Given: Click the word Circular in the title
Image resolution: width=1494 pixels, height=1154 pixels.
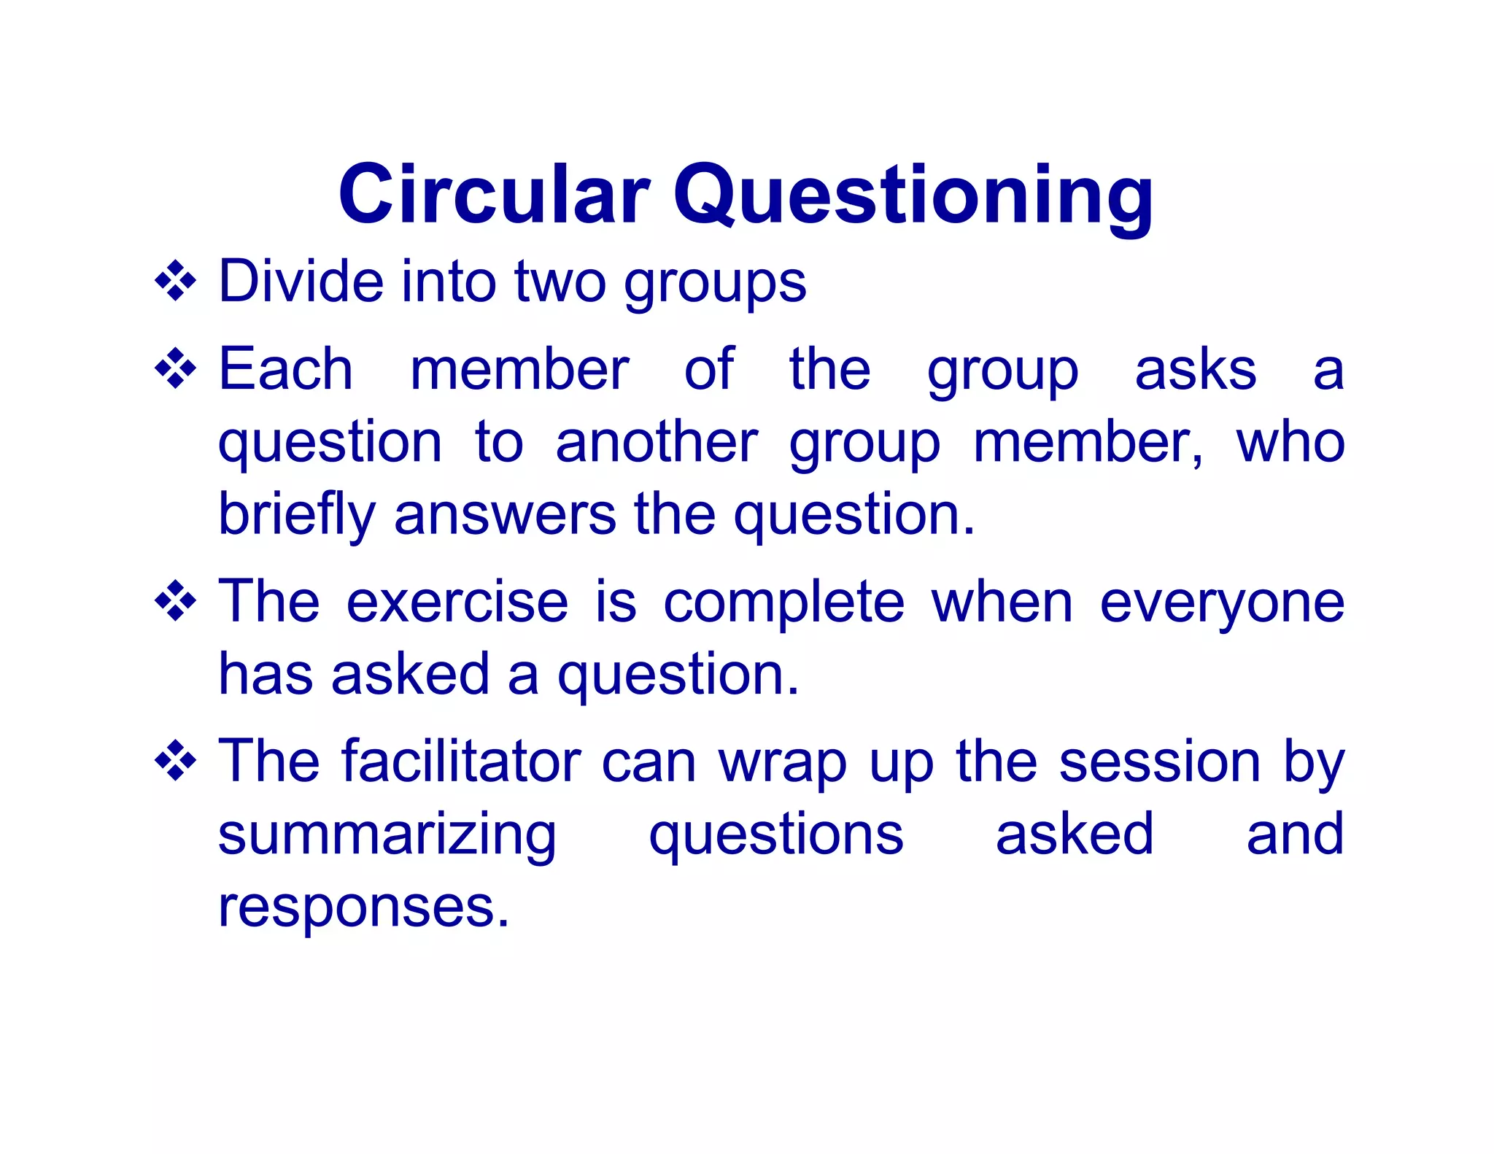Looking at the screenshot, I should pos(494,195).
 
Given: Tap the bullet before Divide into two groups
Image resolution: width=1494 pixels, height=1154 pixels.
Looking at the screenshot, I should pos(176,282).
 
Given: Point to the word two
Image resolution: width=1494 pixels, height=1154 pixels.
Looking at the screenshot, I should pos(560,282).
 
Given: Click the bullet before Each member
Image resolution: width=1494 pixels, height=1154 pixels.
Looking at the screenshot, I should pos(176,369).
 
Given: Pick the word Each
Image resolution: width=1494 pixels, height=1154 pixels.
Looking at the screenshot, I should pos(286,369).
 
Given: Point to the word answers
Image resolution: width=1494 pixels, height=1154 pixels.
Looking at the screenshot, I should pos(505,515).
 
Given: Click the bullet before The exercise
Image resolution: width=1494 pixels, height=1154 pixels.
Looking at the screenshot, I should pos(176,602).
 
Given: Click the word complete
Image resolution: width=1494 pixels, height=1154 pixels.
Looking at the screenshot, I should pos(783,604).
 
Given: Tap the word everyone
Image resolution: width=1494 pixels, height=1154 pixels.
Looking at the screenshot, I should pos(1222,604).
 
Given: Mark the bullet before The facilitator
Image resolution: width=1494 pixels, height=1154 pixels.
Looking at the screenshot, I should pos(176,762).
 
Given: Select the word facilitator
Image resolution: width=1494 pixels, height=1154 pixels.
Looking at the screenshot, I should pos(461,762).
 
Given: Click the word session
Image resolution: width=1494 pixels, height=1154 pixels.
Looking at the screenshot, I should pos(1159,762).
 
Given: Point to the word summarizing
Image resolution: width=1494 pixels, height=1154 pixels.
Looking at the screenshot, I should pos(387,836).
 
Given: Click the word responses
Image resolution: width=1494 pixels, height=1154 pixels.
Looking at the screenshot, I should pos(363,909).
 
